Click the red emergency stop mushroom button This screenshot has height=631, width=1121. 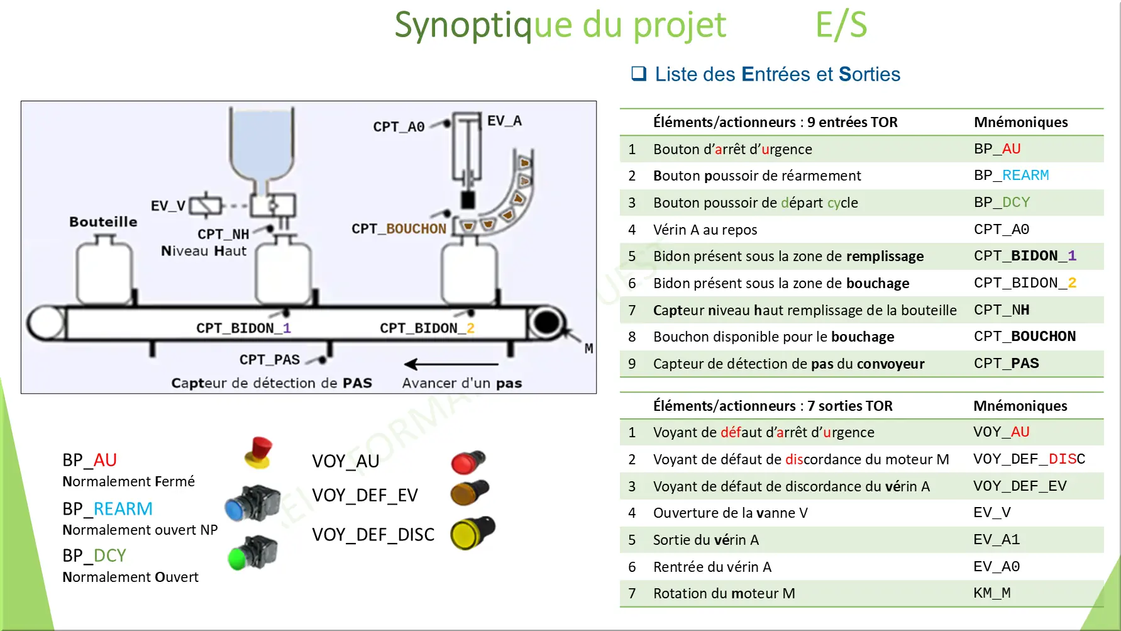coord(259,452)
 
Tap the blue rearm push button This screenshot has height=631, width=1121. coord(251,503)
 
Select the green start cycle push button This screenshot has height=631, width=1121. coord(252,552)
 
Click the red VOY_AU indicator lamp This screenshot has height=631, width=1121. coord(468,462)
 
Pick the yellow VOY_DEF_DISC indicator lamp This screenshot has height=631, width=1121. coord(472,533)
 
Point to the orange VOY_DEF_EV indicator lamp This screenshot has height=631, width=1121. coord(469,493)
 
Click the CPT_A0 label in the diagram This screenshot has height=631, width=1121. coord(399,126)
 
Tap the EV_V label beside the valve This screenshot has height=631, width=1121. coord(168,206)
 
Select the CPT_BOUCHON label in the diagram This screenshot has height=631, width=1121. coord(399,228)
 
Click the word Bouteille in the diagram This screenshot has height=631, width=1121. coord(103,221)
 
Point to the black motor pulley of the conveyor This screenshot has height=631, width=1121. coord(546,323)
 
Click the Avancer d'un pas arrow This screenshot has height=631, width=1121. coord(451,364)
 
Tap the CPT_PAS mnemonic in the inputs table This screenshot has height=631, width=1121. coord(1006,364)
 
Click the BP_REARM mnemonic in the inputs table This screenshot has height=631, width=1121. coord(1011,176)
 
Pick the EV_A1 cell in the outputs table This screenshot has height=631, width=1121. coord(996,540)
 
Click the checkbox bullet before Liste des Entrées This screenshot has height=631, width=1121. coord(639,74)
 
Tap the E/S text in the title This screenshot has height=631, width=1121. coord(841,25)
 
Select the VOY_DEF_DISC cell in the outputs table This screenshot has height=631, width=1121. coord(1029,459)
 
